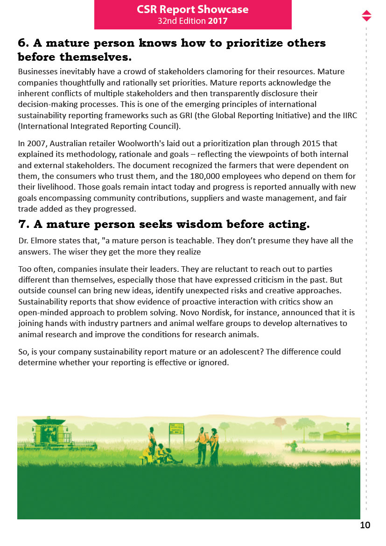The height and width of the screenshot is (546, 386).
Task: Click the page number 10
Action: (x=365, y=525)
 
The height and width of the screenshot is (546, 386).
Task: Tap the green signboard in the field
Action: (x=176, y=427)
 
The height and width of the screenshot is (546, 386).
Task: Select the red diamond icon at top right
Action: (x=366, y=15)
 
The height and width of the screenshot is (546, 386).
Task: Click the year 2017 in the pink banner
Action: (x=218, y=21)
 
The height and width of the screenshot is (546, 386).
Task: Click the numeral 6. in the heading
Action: (x=23, y=43)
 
